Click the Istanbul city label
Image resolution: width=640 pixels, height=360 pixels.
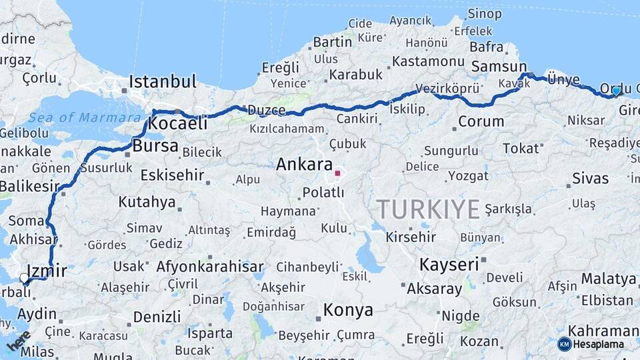(163, 82)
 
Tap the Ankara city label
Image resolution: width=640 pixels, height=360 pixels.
(305, 164)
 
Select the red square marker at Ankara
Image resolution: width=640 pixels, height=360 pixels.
(337, 173)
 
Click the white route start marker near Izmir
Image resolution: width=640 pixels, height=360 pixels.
(25, 278)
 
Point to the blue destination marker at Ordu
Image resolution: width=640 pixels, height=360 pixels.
(616, 91)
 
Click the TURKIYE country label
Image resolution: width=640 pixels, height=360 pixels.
(429, 209)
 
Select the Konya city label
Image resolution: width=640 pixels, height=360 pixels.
(348, 310)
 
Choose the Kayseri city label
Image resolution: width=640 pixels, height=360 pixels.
(449, 265)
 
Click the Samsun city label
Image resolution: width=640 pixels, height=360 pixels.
(499, 67)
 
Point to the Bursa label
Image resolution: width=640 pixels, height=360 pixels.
(155, 146)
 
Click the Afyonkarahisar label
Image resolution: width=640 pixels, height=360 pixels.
(210, 267)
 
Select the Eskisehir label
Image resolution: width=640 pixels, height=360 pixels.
(173, 175)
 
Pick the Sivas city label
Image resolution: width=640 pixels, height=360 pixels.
(590, 179)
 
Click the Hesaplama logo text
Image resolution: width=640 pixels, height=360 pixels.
(598, 344)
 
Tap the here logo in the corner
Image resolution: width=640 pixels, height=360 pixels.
(19, 341)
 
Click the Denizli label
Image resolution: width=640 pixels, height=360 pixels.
(157, 317)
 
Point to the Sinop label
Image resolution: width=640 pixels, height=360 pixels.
(485, 13)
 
